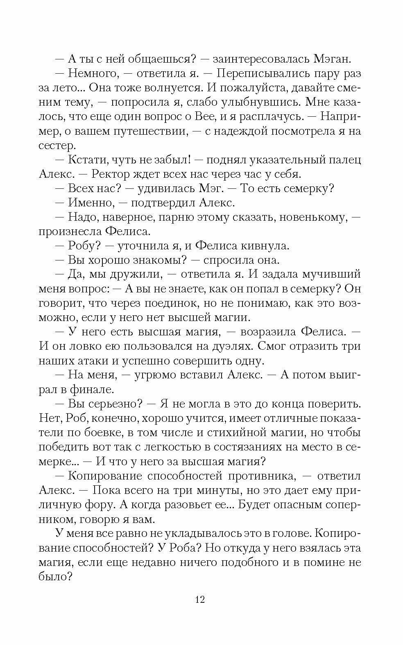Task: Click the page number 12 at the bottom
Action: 200,600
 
